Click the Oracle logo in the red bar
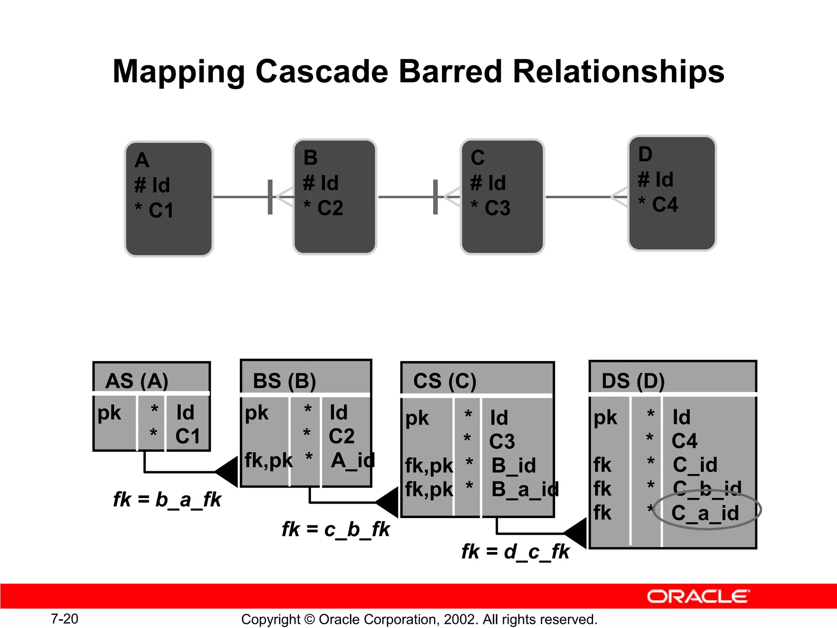click(x=698, y=597)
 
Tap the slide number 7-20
click(x=65, y=619)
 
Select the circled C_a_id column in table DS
click(x=706, y=513)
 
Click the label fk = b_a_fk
click(x=167, y=499)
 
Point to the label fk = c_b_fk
click(x=336, y=529)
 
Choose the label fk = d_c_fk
click(x=515, y=552)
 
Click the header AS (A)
click(x=137, y=381)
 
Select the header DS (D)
click(x=633, y=381)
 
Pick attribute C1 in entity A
click(x=161, y=211)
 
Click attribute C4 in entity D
click(x=665, y=204)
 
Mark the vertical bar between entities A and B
click(x=270, y=197)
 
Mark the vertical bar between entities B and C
click(x=435, y=197)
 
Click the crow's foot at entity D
click(x=620, y=197)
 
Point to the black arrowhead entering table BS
click(x=227, y=472)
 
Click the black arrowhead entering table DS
click(x=576, y=533)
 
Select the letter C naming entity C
click(x=477, y=157)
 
